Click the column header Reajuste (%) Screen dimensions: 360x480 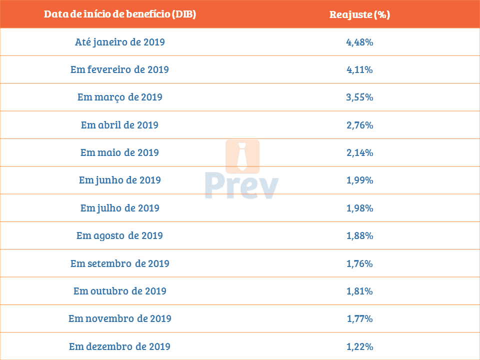pyautogui.click(x=359, y=14)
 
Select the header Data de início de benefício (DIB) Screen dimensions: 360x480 pyautogui.click(x=120, y=14)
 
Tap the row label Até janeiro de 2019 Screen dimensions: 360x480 pyautogui.click(x=120, y=42)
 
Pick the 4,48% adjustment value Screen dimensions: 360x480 pyautogui.click(x=359, y=42)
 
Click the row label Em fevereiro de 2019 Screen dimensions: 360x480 pyautogui.click(x=120, y=69)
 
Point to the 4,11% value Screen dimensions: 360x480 pyautogui.click(x=359, y=69)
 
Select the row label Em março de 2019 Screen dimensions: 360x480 pyautogui.click(x=120, y=97)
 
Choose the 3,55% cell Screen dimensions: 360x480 pyautogui.click(x=359, y=97)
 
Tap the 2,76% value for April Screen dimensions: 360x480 pyautogui.click(x=359, y=124)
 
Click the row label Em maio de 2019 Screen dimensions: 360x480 pyautogui.click(x=120, y=152)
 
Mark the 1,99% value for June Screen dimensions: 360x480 pyautogui.click(x=359, y=180)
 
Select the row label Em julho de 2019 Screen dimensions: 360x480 pyautogui.click(x=120, y=208)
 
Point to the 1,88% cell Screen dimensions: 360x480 pyautogui.click(x=359, y=235)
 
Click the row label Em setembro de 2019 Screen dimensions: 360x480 pyautogui.click(x=120, y=263)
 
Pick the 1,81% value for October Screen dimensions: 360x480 pyautogui.click(x=359, y=291)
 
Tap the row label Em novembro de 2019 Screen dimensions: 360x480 pyautogui.click(x=120, y=318)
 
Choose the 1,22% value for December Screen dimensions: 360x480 pyautogui.click(x=359, y=346)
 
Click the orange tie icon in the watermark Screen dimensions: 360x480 pyautogui.click(x=242, y=156)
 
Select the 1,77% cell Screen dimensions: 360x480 pyautogui.click(x=359, y=318)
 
